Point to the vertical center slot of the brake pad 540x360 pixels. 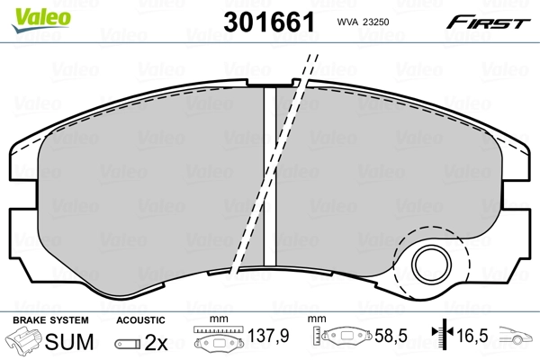268,171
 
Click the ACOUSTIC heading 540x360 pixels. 140,320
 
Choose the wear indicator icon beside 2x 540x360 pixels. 130,344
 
